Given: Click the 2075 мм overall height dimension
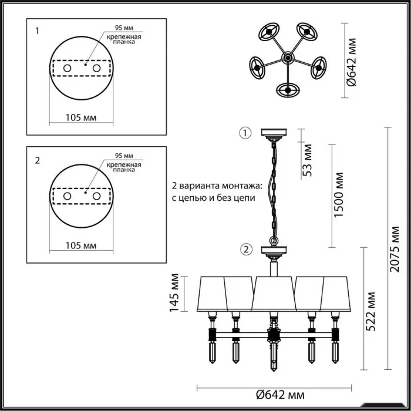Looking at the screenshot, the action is tap(395, 249).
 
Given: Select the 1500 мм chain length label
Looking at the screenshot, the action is tap(338, 195).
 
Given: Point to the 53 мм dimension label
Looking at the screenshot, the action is tap(307, 160).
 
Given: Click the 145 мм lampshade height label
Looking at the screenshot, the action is tap(174, 293).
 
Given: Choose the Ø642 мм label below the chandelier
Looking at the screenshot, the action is tap(280, 395).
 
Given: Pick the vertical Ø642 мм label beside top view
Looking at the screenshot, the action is tap(351, 62).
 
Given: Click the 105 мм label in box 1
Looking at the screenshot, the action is tap(81, 117).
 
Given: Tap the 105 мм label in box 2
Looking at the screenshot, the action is tap(81, 245).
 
